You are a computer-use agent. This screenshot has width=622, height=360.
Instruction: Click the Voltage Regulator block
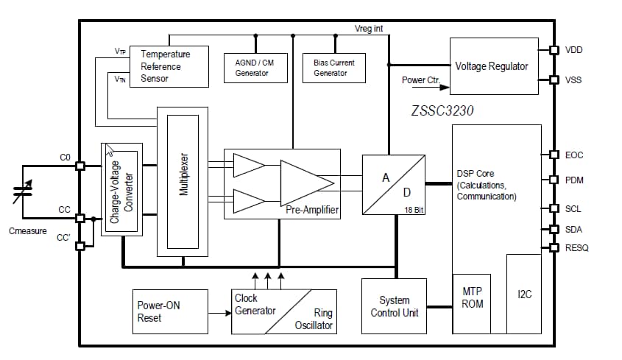pos(491,66)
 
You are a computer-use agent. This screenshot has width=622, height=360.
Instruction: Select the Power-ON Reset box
pos(160,311)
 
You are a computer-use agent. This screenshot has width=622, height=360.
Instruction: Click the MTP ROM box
pos(472,298)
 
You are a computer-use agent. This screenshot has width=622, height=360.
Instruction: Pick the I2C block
pos(523,294)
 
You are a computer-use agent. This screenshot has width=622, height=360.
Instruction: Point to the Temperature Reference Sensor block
pos(169,66)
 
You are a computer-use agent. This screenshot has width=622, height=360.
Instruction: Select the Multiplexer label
pos(184,174)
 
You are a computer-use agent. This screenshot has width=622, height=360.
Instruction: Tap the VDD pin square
pos(554,50)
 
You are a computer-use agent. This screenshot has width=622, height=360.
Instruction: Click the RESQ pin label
pos(577,248)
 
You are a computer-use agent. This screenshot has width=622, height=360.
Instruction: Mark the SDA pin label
pos(573,229)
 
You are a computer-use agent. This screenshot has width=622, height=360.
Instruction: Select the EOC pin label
pos(573,155)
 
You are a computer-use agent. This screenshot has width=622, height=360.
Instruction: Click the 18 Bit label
pos(414,210)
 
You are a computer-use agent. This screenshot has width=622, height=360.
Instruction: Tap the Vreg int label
pos(369,28)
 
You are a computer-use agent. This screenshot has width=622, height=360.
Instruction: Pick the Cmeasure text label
pos(28,231)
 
